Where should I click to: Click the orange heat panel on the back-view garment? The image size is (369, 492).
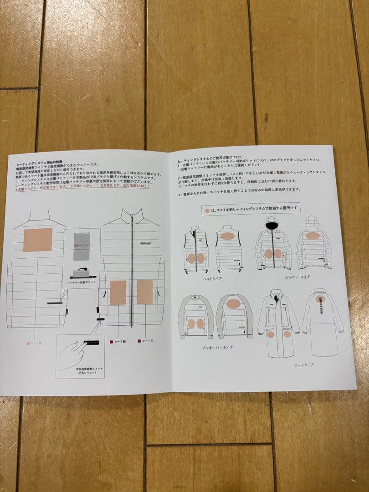click(x=37, y=240)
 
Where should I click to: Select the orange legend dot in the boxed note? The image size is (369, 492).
click(x=208, y=210)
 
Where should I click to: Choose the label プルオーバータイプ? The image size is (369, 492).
click(x=217, y=348)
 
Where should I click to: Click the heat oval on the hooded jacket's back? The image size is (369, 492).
click(x=313, y=236)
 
